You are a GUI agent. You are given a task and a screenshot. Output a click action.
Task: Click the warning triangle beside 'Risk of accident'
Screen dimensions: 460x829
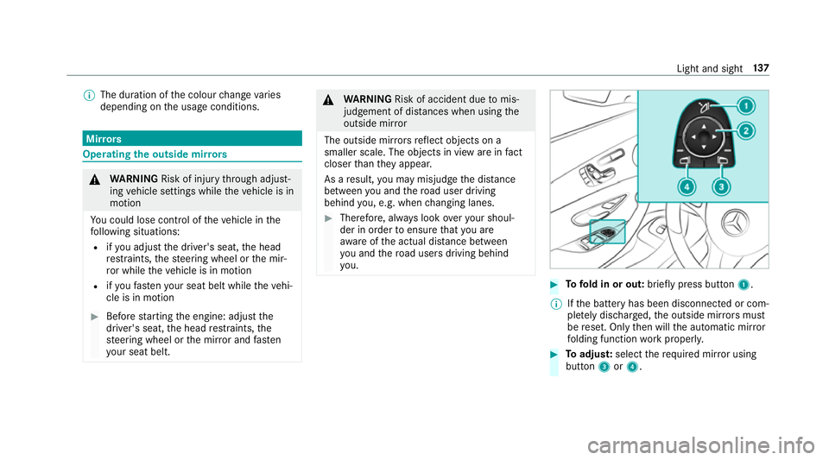tap(329, 98)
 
